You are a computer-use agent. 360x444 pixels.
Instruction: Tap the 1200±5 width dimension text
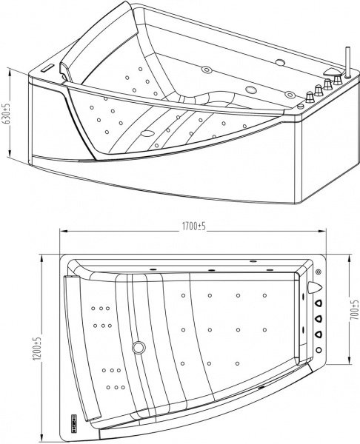pyautogui.click(x=36, y=348)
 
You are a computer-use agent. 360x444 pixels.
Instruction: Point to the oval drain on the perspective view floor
pyautogui.click(x=147, y=135)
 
